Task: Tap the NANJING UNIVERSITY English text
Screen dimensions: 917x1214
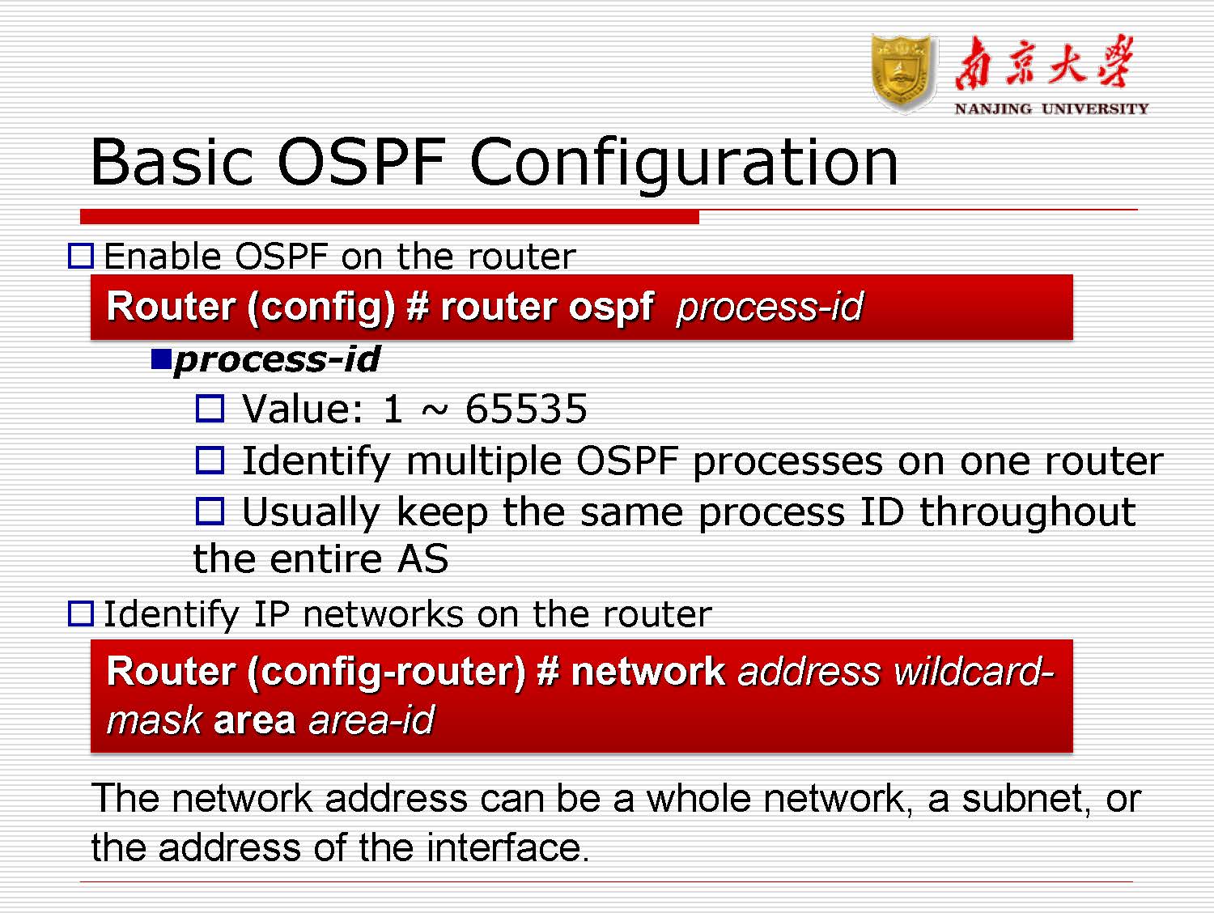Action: pos(1051,108)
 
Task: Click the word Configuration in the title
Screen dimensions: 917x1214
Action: pos(683,163)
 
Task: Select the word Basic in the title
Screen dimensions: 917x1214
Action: pos(172,163)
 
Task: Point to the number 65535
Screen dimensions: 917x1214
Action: pos(526,409)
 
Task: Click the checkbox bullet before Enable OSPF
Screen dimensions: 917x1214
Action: pos(81,257)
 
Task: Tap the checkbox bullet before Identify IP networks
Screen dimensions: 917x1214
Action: pos(81,613)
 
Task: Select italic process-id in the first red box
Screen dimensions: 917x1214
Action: pos(769,308)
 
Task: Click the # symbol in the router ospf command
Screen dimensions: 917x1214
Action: pos(417,308)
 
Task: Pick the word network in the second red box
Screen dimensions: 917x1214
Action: pos(647,672)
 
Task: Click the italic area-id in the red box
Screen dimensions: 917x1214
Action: pos(371,720)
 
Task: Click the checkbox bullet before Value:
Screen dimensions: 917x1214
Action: pos(210,409)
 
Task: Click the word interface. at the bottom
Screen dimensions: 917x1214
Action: pos(507,848)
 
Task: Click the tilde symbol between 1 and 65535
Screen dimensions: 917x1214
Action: pos(434,411)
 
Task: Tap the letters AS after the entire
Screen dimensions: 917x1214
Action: pos(422,559)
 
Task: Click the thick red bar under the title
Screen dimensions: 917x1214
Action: pos(388,217)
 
